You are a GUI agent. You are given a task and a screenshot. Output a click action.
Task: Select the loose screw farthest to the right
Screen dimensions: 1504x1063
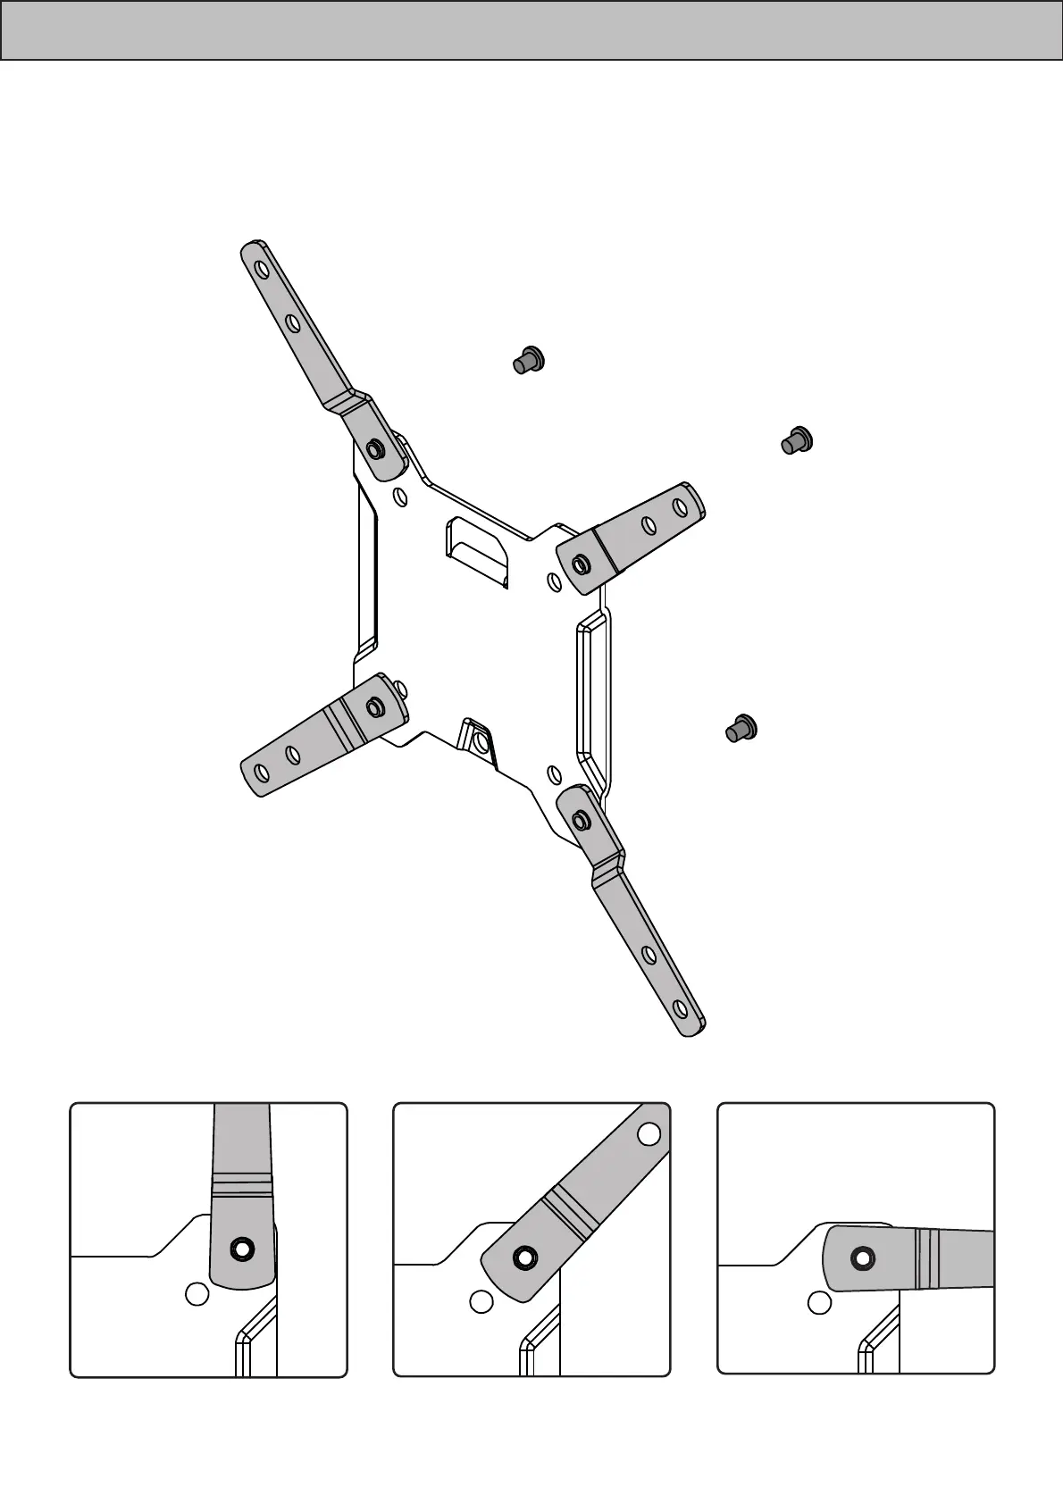[796, 440]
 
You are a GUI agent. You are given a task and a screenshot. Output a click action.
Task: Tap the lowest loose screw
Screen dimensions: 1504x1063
[741, 729]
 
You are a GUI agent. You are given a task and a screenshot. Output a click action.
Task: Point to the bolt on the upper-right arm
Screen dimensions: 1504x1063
[581, 564]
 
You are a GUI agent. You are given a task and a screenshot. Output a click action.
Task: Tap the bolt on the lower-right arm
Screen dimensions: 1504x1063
[581, 820]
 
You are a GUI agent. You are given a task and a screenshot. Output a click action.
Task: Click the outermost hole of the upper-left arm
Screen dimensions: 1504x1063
[259, 269]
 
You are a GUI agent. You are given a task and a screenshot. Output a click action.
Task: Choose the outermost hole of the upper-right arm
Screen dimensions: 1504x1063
[681, 506]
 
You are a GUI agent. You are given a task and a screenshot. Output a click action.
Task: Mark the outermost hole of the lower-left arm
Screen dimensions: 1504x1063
[261, 771]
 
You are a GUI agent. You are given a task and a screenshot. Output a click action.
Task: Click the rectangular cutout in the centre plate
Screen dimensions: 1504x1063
[477, 549]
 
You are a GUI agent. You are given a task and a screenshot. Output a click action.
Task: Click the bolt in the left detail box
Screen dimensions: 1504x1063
[241, 1249]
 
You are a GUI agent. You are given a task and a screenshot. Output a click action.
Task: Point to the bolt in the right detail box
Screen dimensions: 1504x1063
[862, 1258]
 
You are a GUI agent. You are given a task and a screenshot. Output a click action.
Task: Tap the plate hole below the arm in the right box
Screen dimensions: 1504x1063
[819, 1302]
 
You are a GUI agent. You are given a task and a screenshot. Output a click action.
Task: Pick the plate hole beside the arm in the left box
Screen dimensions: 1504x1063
[197, 1293]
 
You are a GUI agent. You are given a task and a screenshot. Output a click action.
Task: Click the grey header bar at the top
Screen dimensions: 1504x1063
[531, 30]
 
